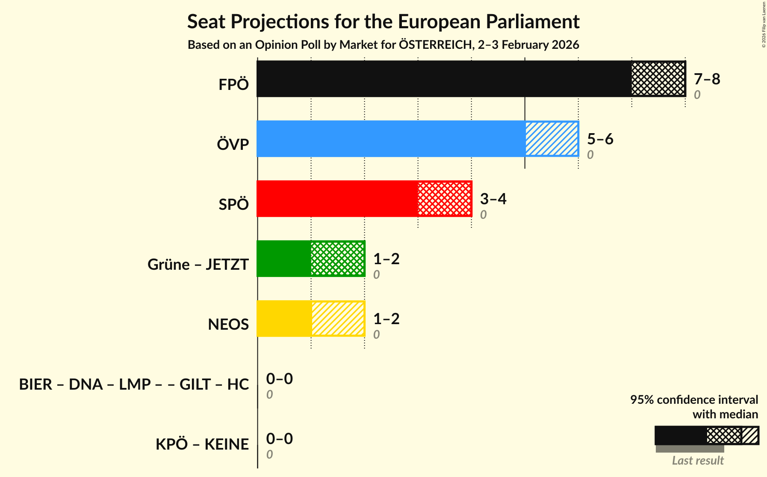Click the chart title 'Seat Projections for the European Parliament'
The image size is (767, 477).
tap(383, 21)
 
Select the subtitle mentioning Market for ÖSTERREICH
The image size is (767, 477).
tap(383, 45)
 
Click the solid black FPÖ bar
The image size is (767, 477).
tap(444, 79)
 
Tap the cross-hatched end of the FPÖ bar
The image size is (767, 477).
tap(658, 79)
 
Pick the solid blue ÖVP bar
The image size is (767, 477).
tap(391, 139)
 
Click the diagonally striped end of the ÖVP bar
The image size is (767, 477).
tap(552, 139)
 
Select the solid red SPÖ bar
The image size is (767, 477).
tap(337, 199)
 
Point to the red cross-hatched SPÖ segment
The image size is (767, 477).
tap(445, 199)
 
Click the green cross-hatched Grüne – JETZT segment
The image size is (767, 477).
tap(338, 259)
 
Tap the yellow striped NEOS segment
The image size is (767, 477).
tap(338, 319)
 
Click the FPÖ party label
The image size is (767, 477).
tap(233, 85)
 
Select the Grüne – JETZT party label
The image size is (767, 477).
tap(198, 265)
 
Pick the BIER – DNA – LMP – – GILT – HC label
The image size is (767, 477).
tap(134, 385)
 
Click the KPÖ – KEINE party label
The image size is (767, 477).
tap(202, 444)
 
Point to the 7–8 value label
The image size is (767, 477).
tap(707, 79)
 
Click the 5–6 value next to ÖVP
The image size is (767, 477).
tap(600, 139)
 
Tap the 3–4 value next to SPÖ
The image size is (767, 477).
tap(493, 199)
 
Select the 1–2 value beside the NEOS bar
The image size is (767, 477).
tap(386, 319)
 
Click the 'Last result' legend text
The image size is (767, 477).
tap(698, 461)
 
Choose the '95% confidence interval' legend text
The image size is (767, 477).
tap(694, 400)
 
